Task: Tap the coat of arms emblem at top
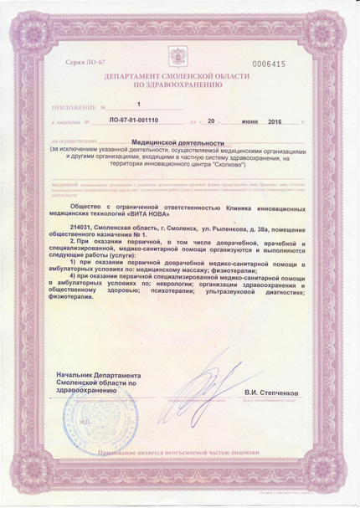coord(178,58)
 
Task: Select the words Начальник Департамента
coord(93,377)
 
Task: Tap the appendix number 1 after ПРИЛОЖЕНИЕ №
coord(139,105)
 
